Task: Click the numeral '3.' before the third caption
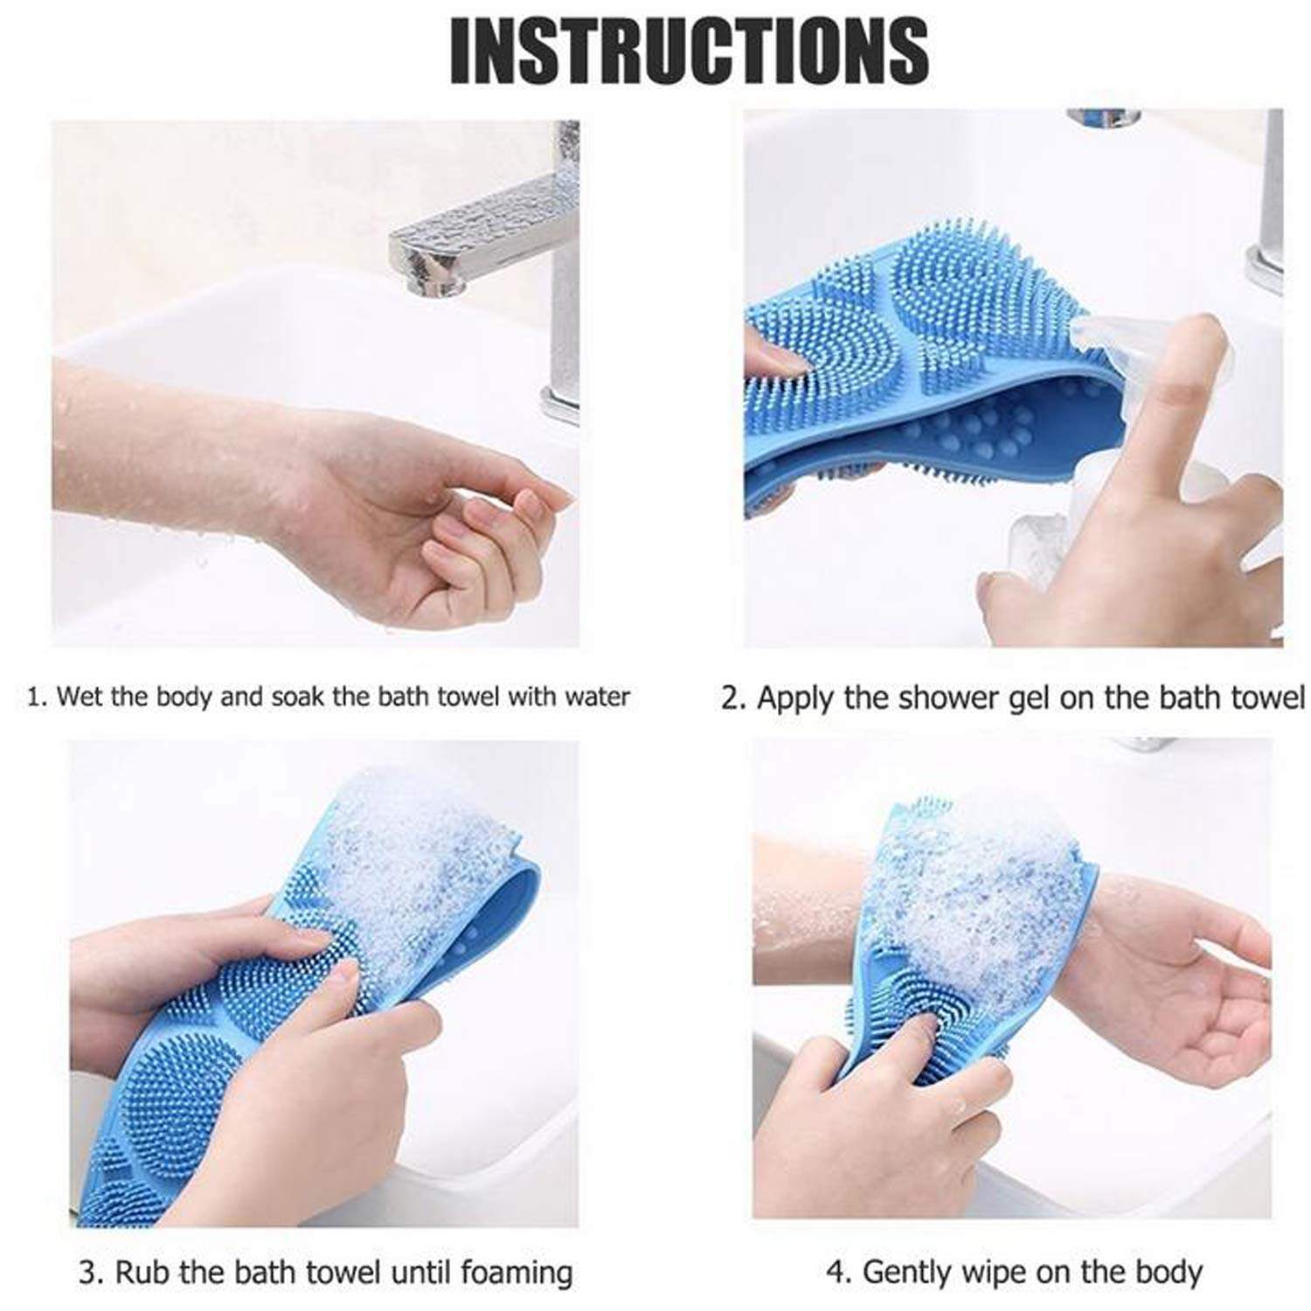click(90, 1273)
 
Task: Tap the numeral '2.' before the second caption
click(734, 699)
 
